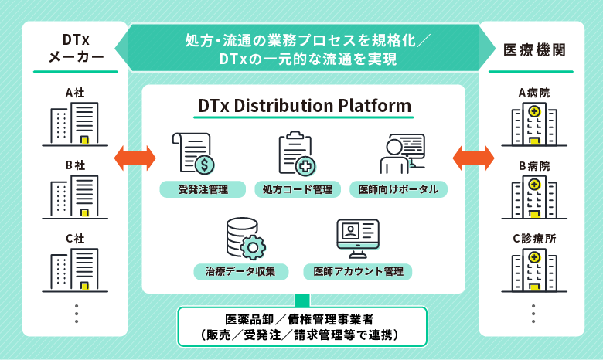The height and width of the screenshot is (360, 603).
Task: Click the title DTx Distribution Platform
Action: pos(304,105)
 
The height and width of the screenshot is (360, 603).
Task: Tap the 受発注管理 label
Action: pos(203,188)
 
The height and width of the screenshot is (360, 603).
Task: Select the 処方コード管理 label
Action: pos(297,188)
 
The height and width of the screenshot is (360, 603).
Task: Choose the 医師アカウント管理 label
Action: pos(357,271)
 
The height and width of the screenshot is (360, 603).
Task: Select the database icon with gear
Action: pos(244,238)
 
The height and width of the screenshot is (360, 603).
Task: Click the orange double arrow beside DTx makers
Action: pos(135,158)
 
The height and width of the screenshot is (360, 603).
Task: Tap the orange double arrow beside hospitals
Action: pos(472,158)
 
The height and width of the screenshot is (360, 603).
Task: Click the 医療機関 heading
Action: pos(533,49)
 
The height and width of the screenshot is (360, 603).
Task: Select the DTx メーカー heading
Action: pos(75,48)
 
